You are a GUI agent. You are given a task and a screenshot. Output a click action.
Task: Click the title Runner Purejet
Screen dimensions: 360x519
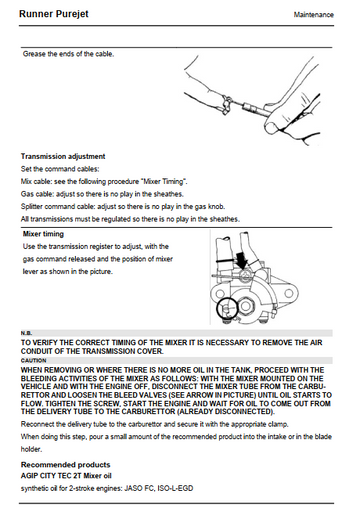(54, 14)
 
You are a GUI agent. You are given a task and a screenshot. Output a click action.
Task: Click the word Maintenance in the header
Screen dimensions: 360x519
(313, 15)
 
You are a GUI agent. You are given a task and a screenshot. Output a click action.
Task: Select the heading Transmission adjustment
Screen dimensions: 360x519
(63, 156)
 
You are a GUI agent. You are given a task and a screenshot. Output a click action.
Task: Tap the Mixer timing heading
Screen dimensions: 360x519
(43, 234)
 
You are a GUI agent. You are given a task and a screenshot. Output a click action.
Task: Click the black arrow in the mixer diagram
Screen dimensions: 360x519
(242, 260)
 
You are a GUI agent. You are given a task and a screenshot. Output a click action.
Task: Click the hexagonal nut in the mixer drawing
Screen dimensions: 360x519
(246, 306)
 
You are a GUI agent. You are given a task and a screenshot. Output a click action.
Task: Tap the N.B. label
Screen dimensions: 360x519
(26, 333)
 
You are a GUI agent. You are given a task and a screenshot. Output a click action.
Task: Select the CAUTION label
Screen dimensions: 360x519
(33, 360)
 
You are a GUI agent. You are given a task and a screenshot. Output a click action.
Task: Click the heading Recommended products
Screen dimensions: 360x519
(65, 465)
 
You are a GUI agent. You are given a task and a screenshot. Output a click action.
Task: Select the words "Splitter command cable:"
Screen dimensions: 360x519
(58, 207)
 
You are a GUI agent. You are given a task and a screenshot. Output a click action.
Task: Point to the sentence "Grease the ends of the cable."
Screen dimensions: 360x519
(68, 54)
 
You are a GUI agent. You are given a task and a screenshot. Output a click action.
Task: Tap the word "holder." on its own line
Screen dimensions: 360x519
(31, 449)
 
